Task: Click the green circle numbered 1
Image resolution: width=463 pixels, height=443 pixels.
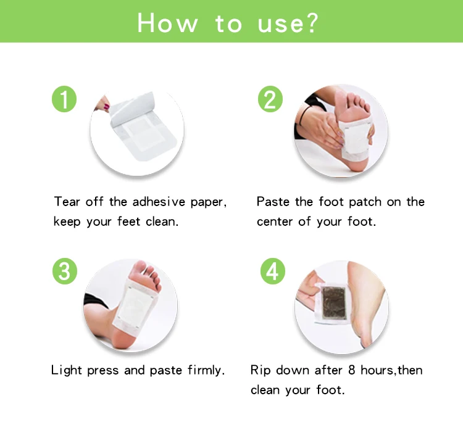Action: point(64,99)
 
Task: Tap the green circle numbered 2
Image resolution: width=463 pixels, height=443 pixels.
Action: point(270,99)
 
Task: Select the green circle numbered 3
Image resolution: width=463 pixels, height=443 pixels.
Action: point(65,271)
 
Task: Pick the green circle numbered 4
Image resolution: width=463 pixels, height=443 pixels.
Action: point(272,271)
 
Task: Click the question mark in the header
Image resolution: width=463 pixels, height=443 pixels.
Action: point(311,22)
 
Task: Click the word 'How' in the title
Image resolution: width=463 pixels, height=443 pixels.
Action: point(167,23)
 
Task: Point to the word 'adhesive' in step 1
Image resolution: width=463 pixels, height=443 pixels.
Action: point(159,202)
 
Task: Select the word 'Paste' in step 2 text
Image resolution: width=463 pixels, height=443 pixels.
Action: point(273,202)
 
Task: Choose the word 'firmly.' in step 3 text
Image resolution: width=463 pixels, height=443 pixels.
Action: point(206,370)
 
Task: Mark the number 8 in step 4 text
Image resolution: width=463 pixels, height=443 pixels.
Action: point(351,370)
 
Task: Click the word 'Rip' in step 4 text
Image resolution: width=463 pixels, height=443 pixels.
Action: point(261,370)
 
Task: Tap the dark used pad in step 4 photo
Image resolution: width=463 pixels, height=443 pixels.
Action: point(334,303)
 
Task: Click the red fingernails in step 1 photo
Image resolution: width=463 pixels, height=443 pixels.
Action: point(106,107)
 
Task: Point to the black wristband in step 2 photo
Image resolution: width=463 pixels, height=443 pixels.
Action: point(302,116)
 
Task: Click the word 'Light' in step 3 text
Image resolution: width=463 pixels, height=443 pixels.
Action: point(66,370)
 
